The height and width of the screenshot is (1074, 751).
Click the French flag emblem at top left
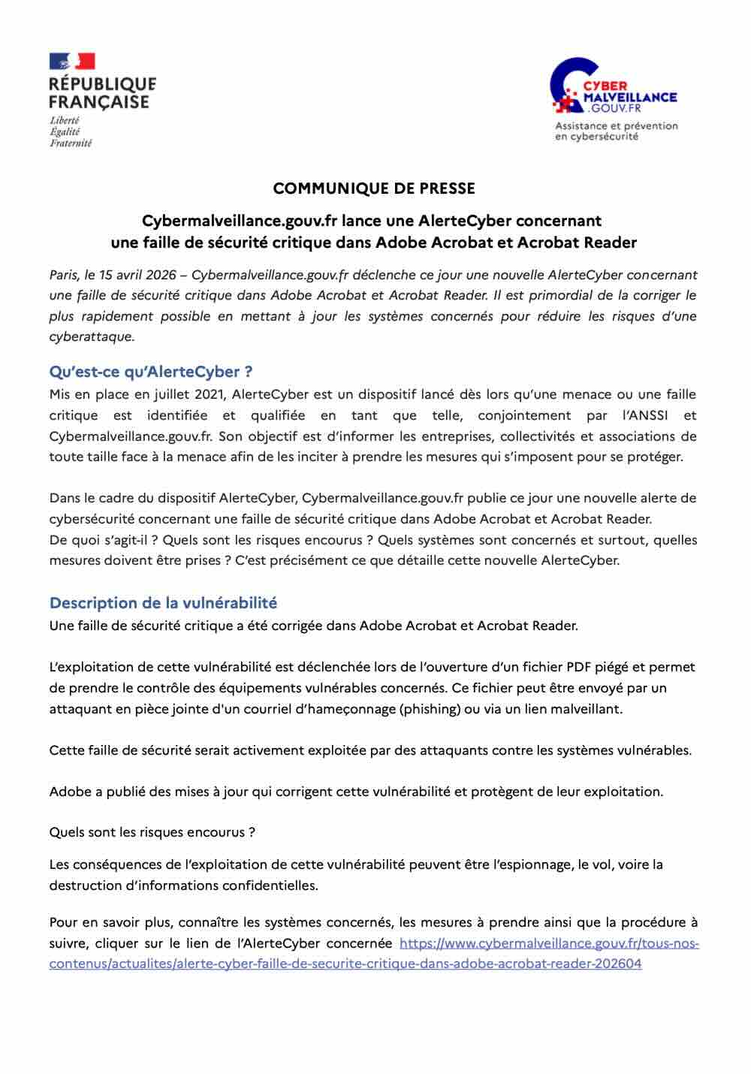click(x=72, y=61)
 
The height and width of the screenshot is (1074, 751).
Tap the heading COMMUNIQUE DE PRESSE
click(x=374, y=188)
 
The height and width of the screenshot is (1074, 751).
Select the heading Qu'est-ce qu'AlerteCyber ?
click(x=150, y=372)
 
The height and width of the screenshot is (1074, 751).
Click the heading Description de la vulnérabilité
click(x=163, y=602)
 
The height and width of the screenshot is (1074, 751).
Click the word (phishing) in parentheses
click(x=431, y=708)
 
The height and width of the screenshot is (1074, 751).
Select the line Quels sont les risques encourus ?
click(x=152, y=832)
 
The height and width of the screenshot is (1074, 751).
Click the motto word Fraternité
click(x=71, y=143)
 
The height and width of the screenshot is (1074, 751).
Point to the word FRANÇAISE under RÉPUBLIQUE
click(x=99, y=102)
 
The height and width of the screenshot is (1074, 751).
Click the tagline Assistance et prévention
click(x=616, y=125)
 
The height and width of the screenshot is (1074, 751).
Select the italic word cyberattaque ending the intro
click(x=91, y=336)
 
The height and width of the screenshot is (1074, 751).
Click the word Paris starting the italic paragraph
click(x=65, y=274)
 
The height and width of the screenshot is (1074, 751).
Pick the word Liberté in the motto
click(x=65, y=120)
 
